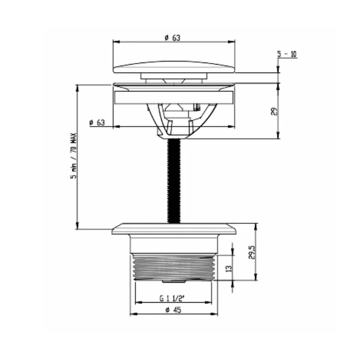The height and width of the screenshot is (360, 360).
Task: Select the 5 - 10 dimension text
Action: pos(287,54)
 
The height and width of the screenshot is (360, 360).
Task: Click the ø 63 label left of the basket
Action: pos(97,122)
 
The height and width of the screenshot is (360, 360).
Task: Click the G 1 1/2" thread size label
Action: pos(172,298)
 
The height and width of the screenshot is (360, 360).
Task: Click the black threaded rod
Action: pos(174,180)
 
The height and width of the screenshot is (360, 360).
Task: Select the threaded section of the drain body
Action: pos(174,267)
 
